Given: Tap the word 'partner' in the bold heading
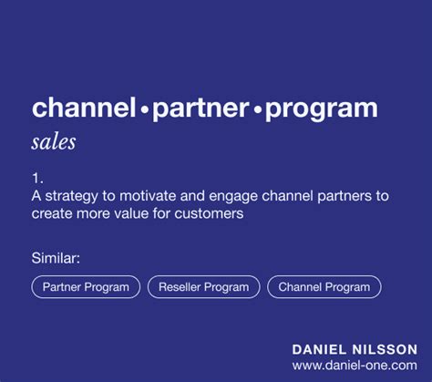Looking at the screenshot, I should click(x=200, y=108).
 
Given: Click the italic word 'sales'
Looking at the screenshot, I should click(x=53, y=142).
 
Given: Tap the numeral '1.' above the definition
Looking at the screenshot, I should click(x=37, y=179).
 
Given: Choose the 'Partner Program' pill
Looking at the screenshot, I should click(x=86, y=287).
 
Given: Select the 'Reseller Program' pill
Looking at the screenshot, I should click(x=203, y=287).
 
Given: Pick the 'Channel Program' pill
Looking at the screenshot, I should click(x=324, y=287).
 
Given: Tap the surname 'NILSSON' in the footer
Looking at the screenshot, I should click(x=386, y=349).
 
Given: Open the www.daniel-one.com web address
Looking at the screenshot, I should click(x=355, y=365).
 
